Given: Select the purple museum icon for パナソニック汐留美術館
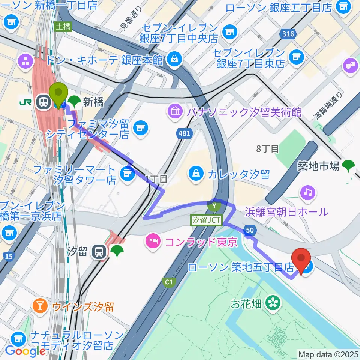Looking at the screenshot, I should (175, 111).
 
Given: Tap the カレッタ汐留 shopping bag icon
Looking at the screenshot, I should (196, 174).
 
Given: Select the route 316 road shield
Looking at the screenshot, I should (288, 34).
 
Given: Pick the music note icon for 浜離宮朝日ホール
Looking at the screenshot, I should (308, 193).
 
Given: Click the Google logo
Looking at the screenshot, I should (25, 351).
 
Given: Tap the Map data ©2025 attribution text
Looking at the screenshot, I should (328, 354).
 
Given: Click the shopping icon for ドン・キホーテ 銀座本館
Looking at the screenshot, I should (174, 58).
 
